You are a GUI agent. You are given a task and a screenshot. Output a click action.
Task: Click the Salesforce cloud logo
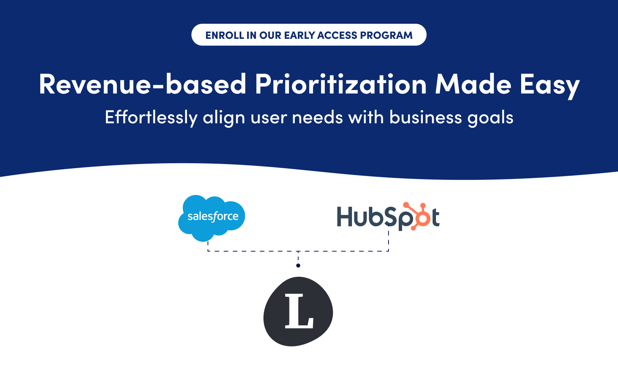212,218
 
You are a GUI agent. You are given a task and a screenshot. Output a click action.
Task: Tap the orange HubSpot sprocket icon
418,216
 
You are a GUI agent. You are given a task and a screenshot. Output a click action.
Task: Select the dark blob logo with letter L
298,311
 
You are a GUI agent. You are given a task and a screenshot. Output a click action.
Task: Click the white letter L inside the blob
299,311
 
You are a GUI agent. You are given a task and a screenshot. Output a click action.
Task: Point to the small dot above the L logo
298,265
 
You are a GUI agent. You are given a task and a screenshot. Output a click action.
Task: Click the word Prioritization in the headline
341,84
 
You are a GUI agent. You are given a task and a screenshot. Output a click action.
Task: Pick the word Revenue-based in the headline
142,84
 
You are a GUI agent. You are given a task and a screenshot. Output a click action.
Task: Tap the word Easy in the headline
549,86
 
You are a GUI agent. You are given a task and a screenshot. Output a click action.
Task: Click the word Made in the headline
473,84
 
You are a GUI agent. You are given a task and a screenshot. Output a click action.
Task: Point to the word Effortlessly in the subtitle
151,118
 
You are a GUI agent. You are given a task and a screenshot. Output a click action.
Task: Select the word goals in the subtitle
490,118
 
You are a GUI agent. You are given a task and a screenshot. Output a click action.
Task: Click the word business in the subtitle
425,117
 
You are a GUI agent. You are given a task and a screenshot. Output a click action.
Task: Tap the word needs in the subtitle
317,117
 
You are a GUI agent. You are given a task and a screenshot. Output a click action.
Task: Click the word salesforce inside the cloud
213,216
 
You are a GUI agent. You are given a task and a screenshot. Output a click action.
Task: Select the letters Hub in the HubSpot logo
360,216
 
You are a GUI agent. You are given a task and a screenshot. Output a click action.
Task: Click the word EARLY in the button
299,35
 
